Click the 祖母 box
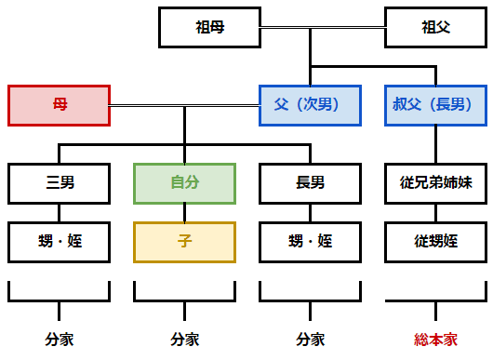(x=209, y=28)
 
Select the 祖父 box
(x=435, y=28)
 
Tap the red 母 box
(x=59, y=105)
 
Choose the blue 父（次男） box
(x=310, y=105)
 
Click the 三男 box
(x=59, y=183)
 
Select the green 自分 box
(x=184, y=183)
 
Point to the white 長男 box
(x=310, y=183)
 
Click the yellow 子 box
(x=184, y=241)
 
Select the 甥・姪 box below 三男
(x=59, y=241)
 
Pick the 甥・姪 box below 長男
(x=310, y=241)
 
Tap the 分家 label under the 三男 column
(x=59, y=340)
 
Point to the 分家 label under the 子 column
(x=184, y=340)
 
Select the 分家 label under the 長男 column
(x=310, y=340)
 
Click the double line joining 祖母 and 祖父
(x=321, y=28)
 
